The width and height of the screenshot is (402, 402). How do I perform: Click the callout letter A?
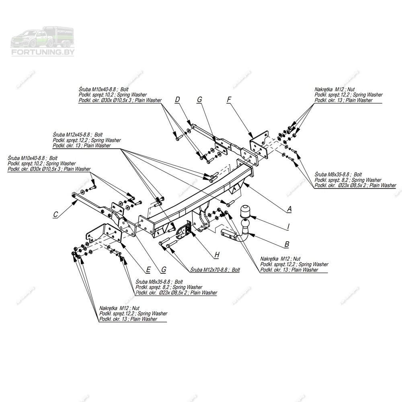point(289,209)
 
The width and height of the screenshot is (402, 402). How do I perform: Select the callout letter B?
point(287,244)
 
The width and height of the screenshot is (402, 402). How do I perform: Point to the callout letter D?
point(177,99)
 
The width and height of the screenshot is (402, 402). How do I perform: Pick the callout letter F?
point(229,99)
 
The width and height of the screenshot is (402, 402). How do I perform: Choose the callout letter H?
point(217,255)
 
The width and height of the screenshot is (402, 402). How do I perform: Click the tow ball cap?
point(245,211)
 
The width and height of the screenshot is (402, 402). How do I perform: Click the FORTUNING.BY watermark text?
point(42,52)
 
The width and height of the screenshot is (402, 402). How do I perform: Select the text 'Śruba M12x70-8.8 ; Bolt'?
point(215,270)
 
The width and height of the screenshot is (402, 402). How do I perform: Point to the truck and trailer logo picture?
point(42,37)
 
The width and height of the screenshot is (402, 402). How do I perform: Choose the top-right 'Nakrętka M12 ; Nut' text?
point(334,90)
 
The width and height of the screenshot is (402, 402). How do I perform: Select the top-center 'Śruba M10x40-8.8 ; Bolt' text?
point(104,90)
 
